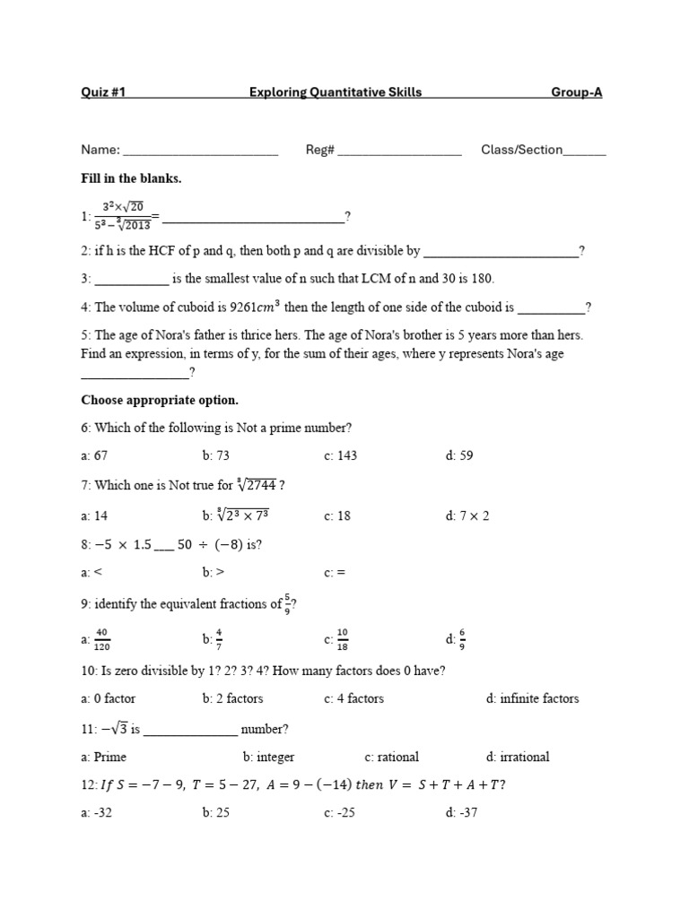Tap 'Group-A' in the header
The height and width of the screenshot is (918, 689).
pos(576,92)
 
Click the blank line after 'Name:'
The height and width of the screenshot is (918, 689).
pos(200,151)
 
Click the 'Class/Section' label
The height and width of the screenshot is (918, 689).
pos(522,150)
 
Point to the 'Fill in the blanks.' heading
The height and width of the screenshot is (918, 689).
pos(131,178)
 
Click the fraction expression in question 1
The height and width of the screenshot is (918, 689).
pos(123,216)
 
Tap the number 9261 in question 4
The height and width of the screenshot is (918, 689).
pos(247,307)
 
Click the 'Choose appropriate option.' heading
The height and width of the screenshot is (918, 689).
pos(160,399)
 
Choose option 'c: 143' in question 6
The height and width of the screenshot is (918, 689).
pos(340,455)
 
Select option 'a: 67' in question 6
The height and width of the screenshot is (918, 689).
pos(94,455)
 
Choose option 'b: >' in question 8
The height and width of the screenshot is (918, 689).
pos(212,572)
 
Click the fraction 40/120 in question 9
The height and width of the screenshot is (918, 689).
pos(101,639)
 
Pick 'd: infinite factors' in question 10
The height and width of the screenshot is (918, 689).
pos(532,698)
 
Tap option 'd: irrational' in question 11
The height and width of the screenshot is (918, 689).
pos(518,757)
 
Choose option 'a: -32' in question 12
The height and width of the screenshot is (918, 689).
pos(98,813)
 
